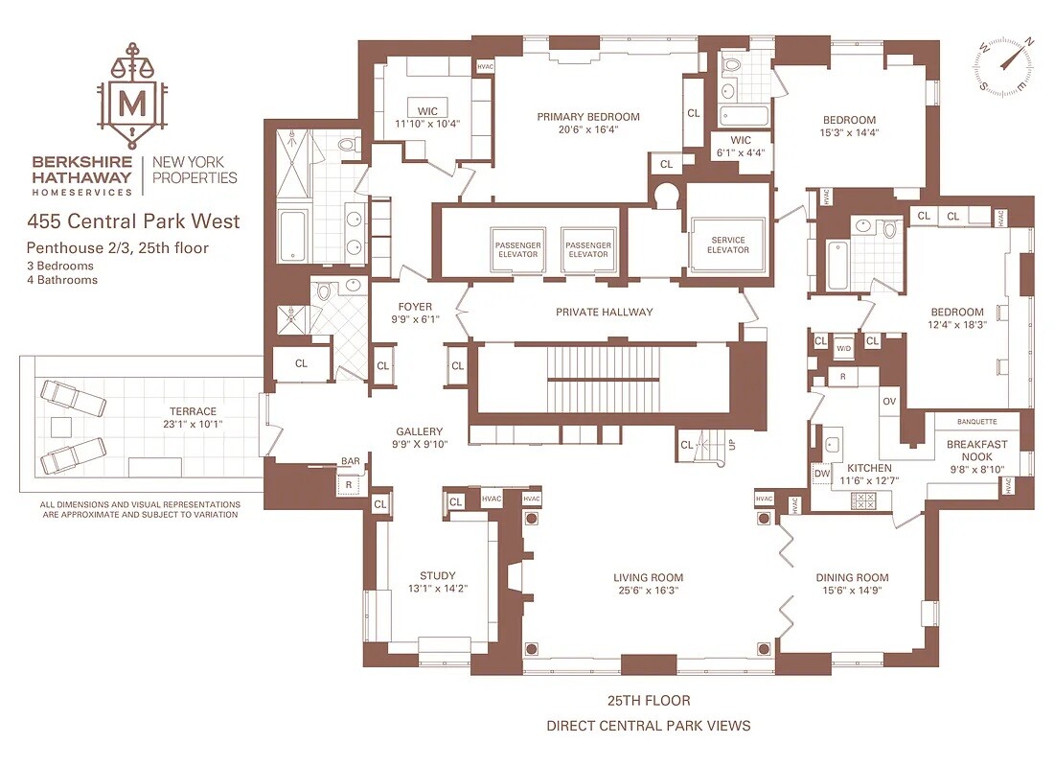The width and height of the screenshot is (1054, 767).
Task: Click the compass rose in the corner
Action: [1003, 64]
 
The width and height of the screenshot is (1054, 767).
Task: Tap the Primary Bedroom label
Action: [588, 117]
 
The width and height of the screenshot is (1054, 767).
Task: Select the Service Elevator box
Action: [728, 244]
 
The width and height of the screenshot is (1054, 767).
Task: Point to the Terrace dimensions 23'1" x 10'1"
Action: [193, 424]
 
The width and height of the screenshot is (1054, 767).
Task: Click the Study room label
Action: [438, 576]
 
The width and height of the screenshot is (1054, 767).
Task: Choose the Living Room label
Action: [648, 577]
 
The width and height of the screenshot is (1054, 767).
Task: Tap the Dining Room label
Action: [853, 577]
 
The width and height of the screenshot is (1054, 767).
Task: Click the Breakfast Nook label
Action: [976, 450]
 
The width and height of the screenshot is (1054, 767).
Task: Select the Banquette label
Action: [976, 422]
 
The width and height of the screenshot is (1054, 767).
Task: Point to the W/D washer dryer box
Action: [843, 347]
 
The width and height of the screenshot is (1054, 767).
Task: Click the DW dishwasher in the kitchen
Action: [822, 474]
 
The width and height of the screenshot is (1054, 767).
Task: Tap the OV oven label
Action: [889, 402]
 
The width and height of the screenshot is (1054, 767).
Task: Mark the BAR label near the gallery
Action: [350, 461]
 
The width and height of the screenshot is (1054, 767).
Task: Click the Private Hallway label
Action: [605, 313]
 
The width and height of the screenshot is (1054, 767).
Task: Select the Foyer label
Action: [415, 307]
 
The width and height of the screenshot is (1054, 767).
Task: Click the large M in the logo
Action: [132, 105]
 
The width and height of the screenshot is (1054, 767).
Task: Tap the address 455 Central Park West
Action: [133, 221]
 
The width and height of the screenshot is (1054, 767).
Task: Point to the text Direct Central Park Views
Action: [649, 726]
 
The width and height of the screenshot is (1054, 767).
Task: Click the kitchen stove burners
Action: [863, 500]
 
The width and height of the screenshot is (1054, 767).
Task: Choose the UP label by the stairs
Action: [732, 445]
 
